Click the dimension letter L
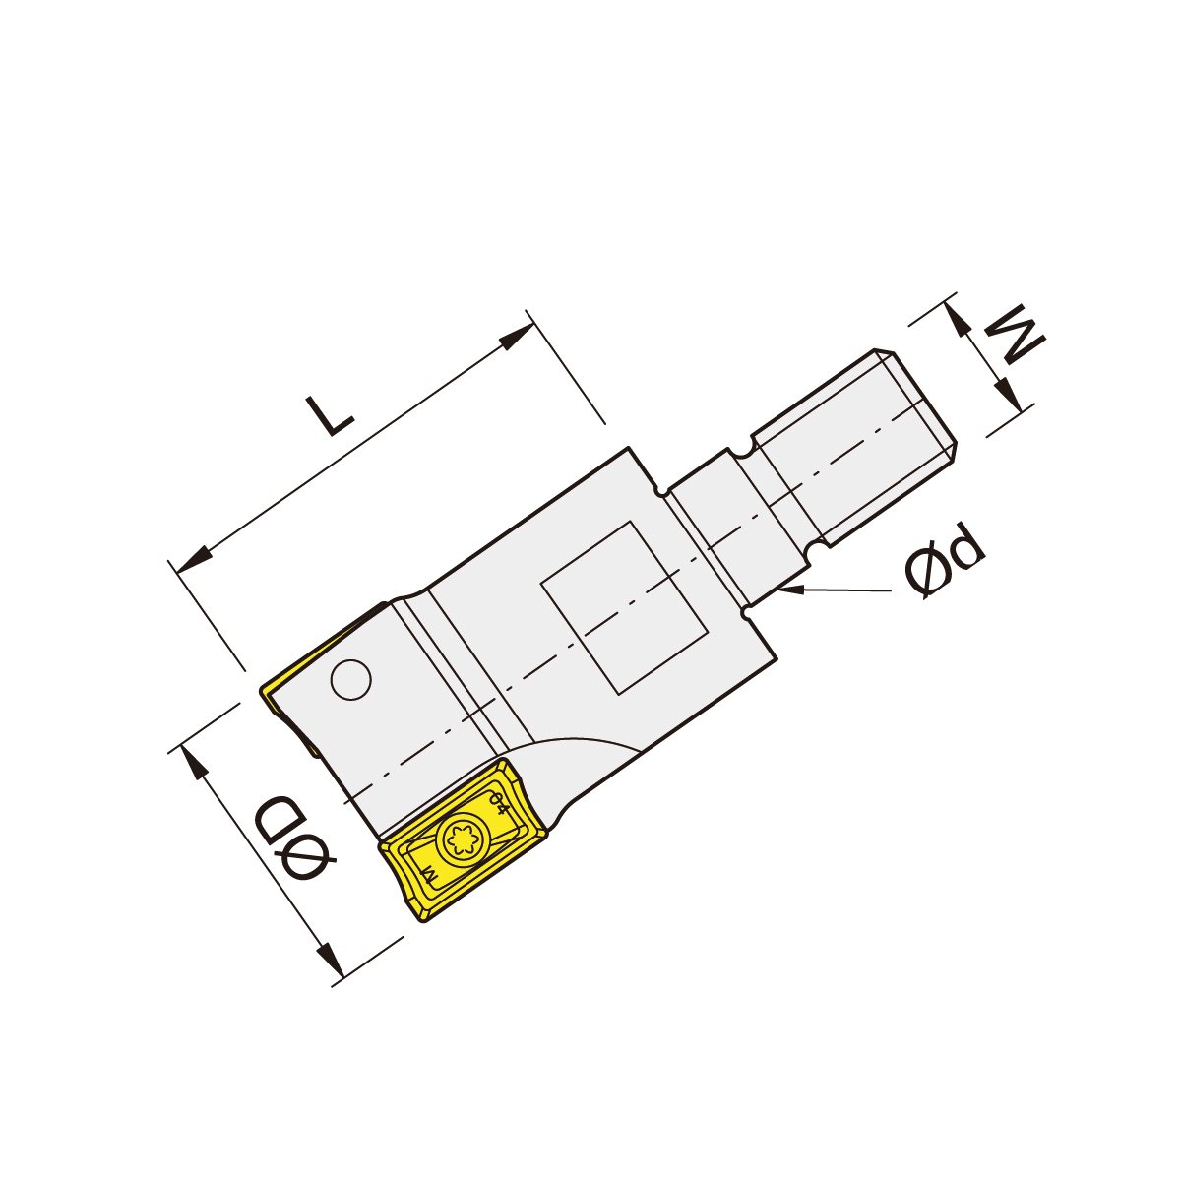329,415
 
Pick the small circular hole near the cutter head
350,680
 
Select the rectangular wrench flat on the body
625,607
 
